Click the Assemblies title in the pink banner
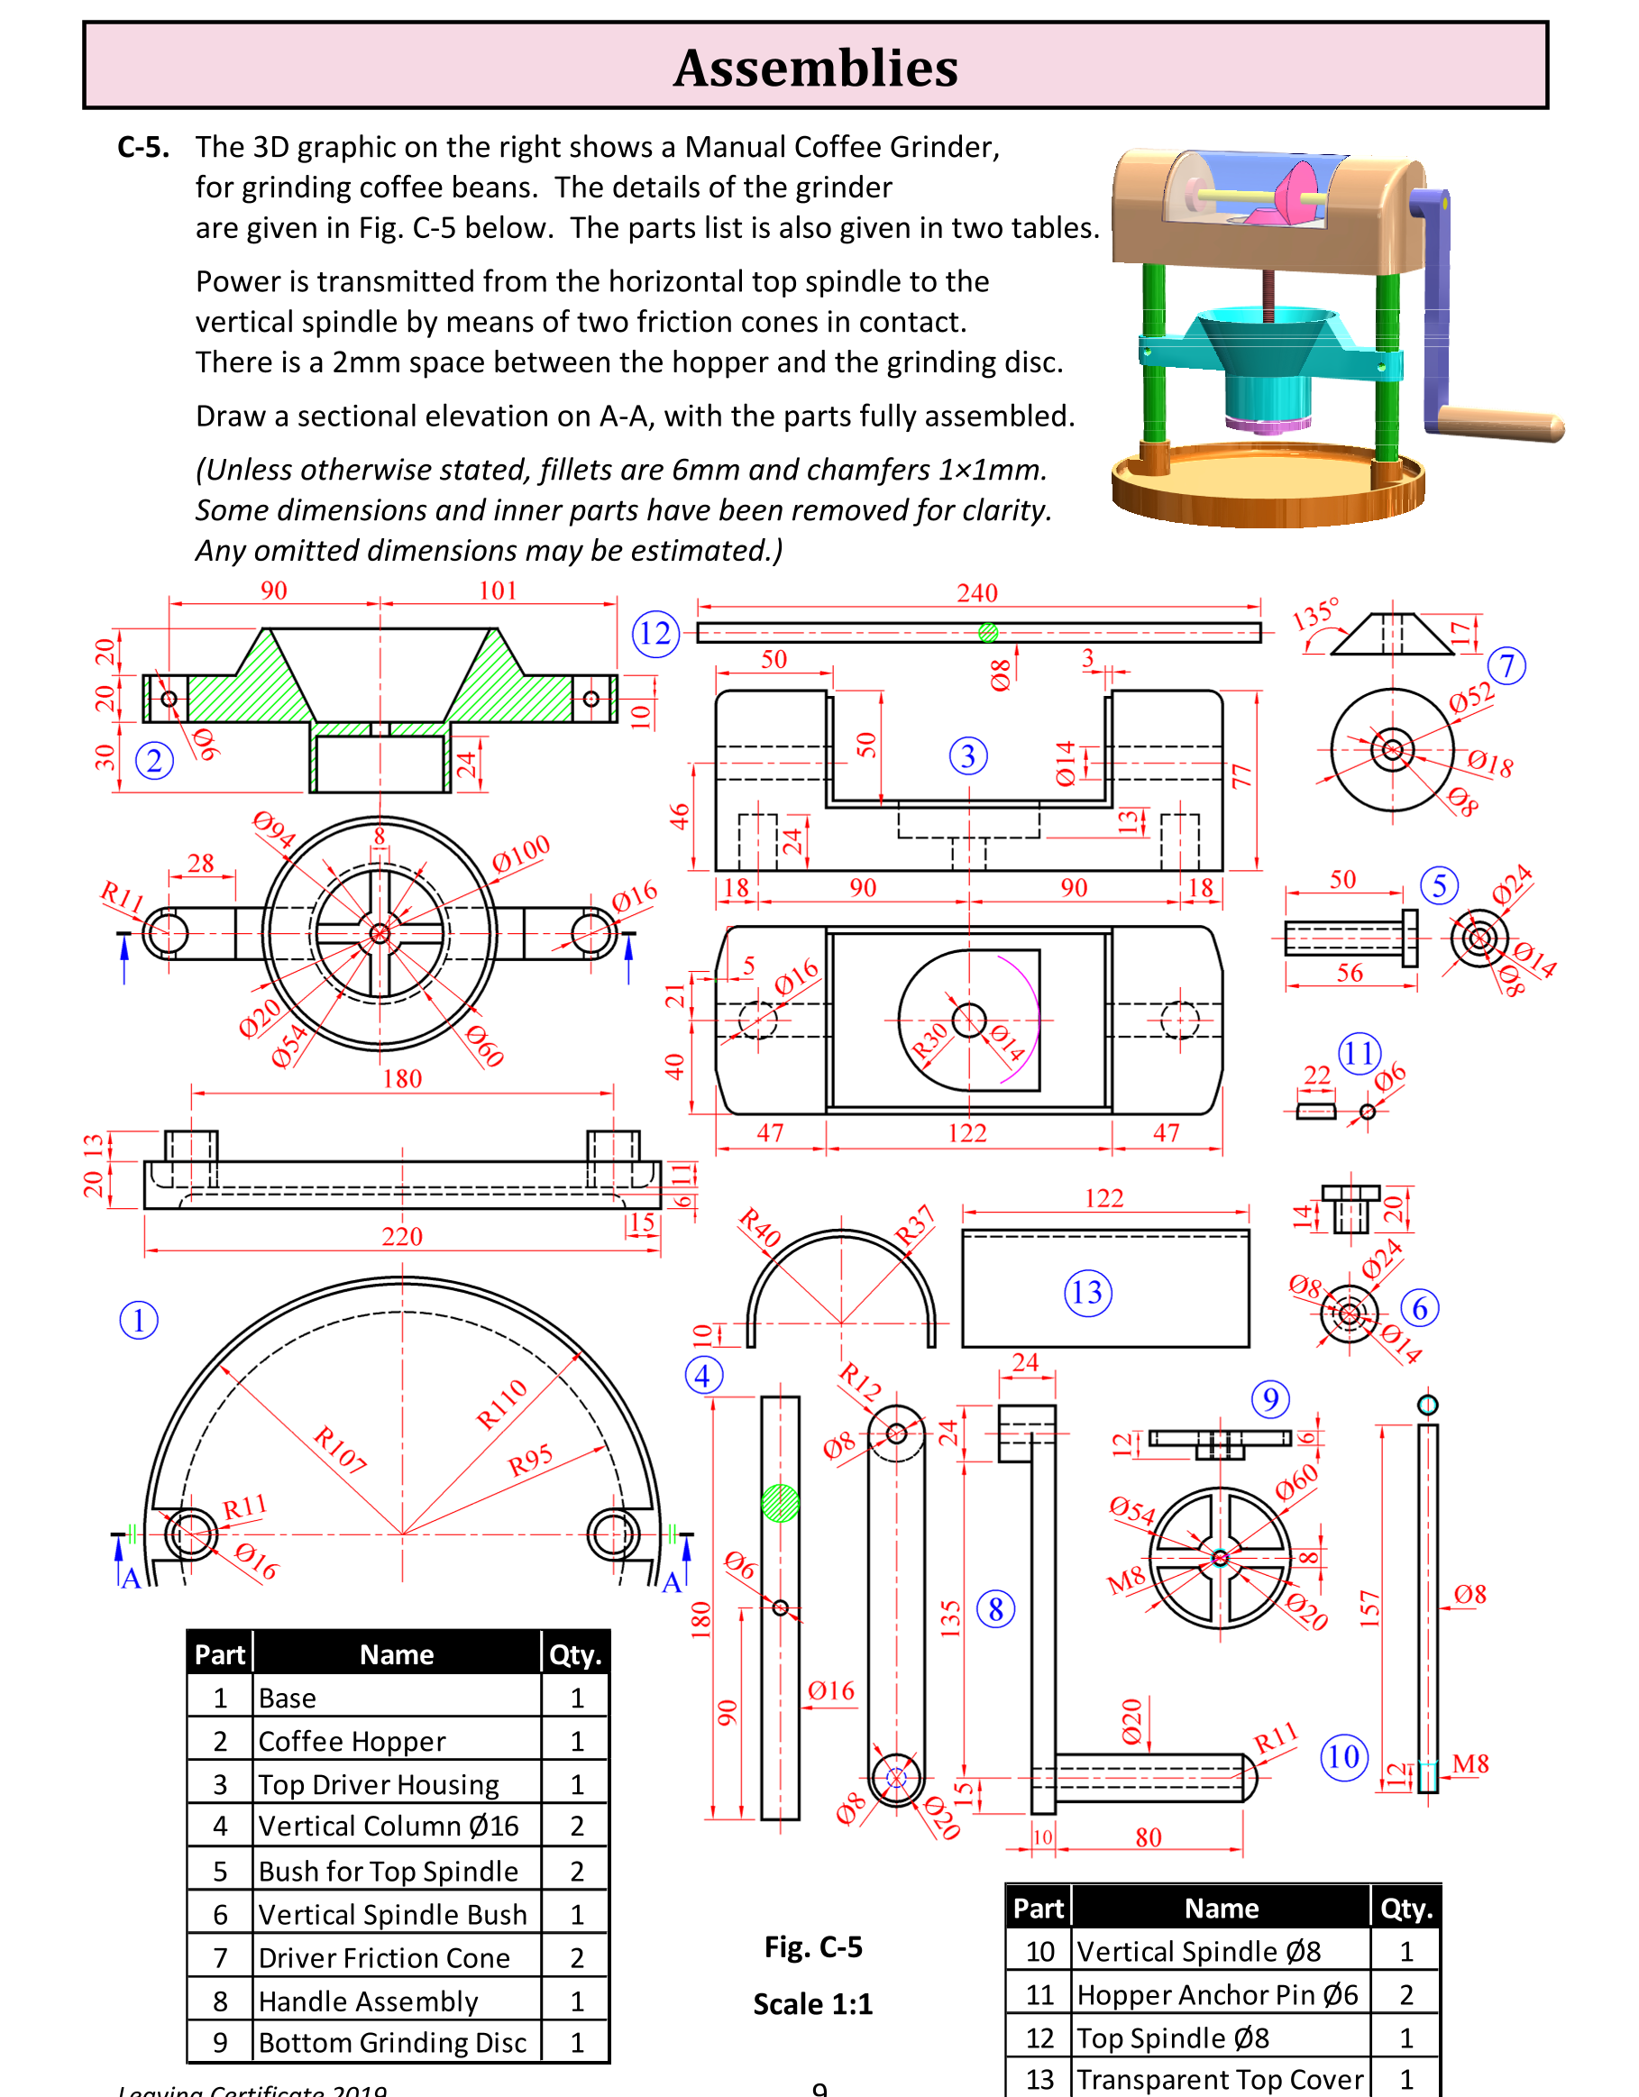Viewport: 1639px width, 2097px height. [815, 68]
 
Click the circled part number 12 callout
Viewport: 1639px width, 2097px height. [655, 634]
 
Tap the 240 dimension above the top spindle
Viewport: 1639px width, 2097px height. [976, 592]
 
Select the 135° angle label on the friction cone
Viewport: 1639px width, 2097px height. [1314, 614]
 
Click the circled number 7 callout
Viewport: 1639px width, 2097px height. [1506, 665]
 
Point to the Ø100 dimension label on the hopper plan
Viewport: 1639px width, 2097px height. [521, 853]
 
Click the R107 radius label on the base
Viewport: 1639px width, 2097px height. [340, 1450]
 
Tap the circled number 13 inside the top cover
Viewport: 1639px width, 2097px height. [1087, 1293]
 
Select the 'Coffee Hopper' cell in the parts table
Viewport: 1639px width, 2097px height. [397, 1741]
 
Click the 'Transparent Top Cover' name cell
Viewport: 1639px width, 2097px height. [1220, 2079]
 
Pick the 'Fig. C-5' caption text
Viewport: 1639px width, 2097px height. [813, 1947]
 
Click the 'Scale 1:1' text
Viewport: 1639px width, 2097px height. [812, 2005]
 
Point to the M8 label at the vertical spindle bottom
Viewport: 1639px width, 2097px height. [1470, 1763]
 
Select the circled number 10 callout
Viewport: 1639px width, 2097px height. [1343, 1757]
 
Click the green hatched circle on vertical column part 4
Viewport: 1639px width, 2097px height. [780, 1503]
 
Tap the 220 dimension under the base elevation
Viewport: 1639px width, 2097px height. [401, 1236]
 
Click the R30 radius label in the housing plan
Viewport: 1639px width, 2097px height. [929, 1039]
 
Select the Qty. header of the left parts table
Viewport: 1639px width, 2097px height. [575, 1654]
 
